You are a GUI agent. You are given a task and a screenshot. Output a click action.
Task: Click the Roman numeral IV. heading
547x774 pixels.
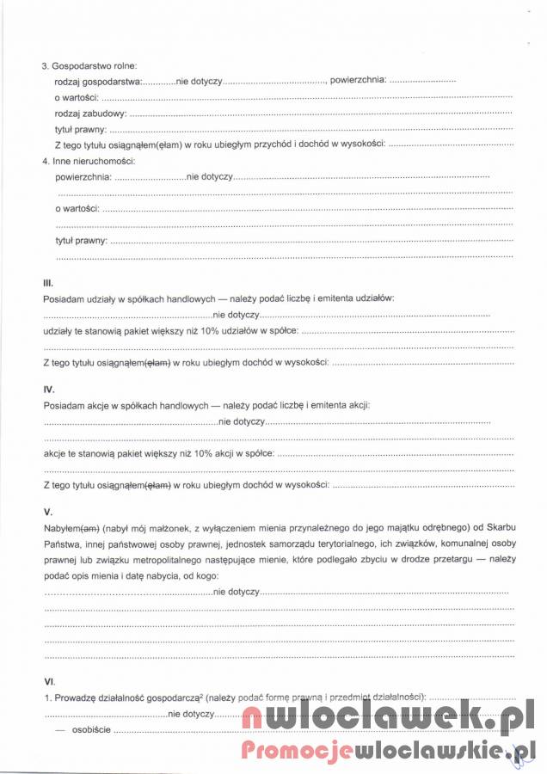(49, 390)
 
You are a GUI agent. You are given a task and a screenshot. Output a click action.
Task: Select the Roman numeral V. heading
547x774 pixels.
(47, 512)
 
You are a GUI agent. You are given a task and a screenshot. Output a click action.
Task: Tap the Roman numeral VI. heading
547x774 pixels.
(49, 681)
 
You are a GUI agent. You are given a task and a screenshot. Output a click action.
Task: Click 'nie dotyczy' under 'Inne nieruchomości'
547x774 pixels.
(210, 176)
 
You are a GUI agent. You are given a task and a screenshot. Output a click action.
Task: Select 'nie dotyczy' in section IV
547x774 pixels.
(242, 421)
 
